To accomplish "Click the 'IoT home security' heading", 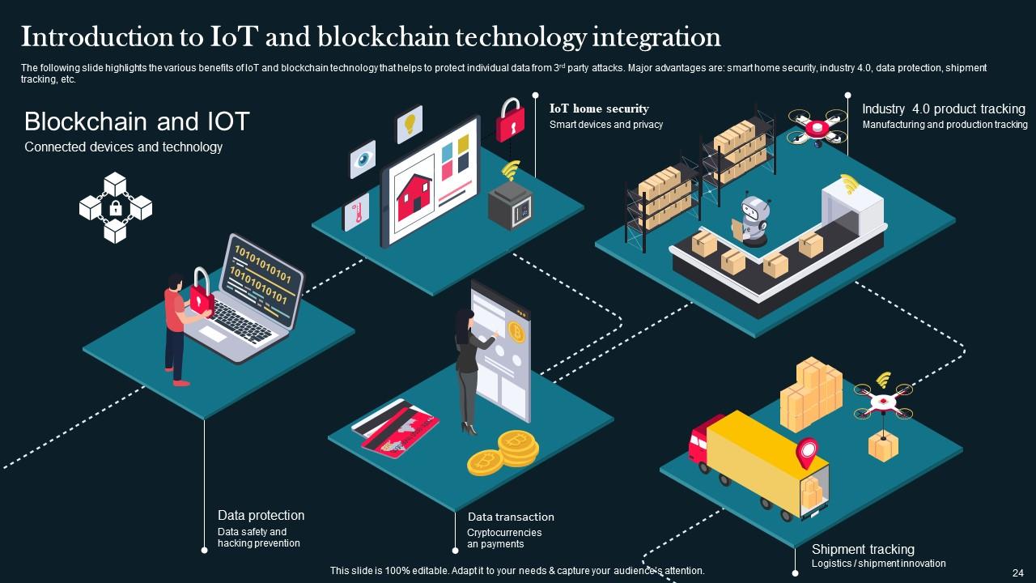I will (599, 109).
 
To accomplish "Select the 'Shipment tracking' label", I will (863, 549).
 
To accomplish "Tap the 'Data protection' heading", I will (261, 515).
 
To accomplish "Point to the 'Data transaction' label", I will (511, 517).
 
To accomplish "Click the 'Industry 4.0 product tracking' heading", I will (943, 109).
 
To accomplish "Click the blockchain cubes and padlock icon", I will (115, 207).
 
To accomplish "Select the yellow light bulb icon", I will (410, 124).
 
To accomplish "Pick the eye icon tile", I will (363, 159).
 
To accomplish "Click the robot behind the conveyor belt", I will (754, 218).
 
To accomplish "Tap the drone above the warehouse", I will (817, 127).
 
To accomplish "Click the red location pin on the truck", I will (806, 452).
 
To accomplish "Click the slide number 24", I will (1017, 571).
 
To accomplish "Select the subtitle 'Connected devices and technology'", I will (123, 147).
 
